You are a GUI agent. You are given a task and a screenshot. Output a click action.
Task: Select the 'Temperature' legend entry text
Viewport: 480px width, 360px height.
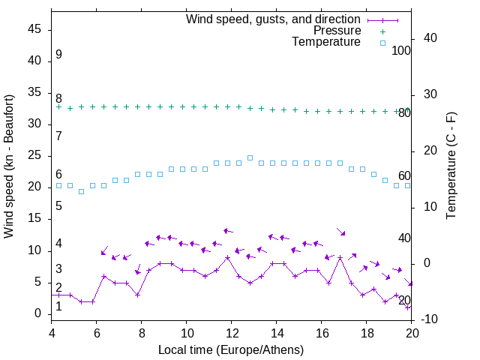coord(326,43)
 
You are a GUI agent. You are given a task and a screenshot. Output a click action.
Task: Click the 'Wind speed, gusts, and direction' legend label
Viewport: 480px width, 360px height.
coord(273,19)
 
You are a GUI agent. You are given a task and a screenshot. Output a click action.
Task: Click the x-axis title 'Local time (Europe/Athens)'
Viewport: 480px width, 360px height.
coord(232,349)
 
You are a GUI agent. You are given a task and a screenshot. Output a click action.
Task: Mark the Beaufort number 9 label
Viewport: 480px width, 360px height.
coord(58,55)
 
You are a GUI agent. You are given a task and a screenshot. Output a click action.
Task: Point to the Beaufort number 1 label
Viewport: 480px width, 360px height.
coord(58,307)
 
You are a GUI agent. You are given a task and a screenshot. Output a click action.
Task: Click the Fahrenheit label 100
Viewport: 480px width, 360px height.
coord(401,50)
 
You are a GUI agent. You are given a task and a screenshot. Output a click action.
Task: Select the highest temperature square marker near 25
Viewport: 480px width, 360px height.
coord(250,157)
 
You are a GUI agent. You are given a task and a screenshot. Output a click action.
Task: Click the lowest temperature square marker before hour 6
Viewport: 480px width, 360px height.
coord(81,191)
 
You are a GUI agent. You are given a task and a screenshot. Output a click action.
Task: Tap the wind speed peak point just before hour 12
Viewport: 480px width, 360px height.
coord(227,257)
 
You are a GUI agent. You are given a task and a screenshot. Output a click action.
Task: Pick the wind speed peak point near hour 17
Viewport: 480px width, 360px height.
coord(340,257)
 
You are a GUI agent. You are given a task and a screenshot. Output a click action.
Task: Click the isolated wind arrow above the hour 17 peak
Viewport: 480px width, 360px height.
coord(340,232)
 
